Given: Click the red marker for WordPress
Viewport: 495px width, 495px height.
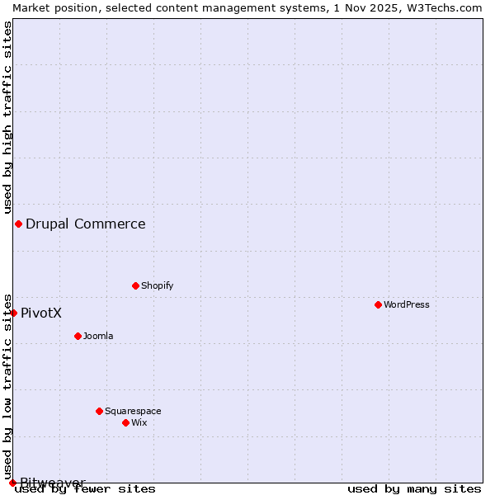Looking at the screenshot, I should click(x=378, y=304).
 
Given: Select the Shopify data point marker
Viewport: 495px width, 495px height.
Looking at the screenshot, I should click(x=135, y=285).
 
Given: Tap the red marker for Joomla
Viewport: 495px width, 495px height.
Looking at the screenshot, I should click(x=78, y=336).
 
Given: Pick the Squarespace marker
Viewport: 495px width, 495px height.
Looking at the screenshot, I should click(x=99, y=411).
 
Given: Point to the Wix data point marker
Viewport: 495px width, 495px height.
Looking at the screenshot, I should click(x=125, y=422).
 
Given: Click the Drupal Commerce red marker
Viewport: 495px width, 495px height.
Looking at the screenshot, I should click(x=18, y=224).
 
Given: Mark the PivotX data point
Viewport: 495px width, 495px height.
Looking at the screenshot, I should click(x=13, y=313).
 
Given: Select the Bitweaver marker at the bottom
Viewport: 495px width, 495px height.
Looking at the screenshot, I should click(x=12, y=483).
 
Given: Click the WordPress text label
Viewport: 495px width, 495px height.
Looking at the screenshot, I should click(x=407, y=304).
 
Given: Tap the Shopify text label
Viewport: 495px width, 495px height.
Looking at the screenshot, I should click(x=157, y=285).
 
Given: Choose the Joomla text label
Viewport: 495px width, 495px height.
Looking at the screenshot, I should click(x=98, y=336).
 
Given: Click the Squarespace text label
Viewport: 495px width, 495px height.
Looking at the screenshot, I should click(x=133, y=411).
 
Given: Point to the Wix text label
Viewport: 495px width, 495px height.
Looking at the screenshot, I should click(x=139, y=422).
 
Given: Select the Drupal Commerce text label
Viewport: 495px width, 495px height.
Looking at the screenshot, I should click(x=86, y=224).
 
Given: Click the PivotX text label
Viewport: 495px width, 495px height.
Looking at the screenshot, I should click(x=41, y=313).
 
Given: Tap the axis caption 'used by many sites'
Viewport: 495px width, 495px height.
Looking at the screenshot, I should click(x=414, y=488).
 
